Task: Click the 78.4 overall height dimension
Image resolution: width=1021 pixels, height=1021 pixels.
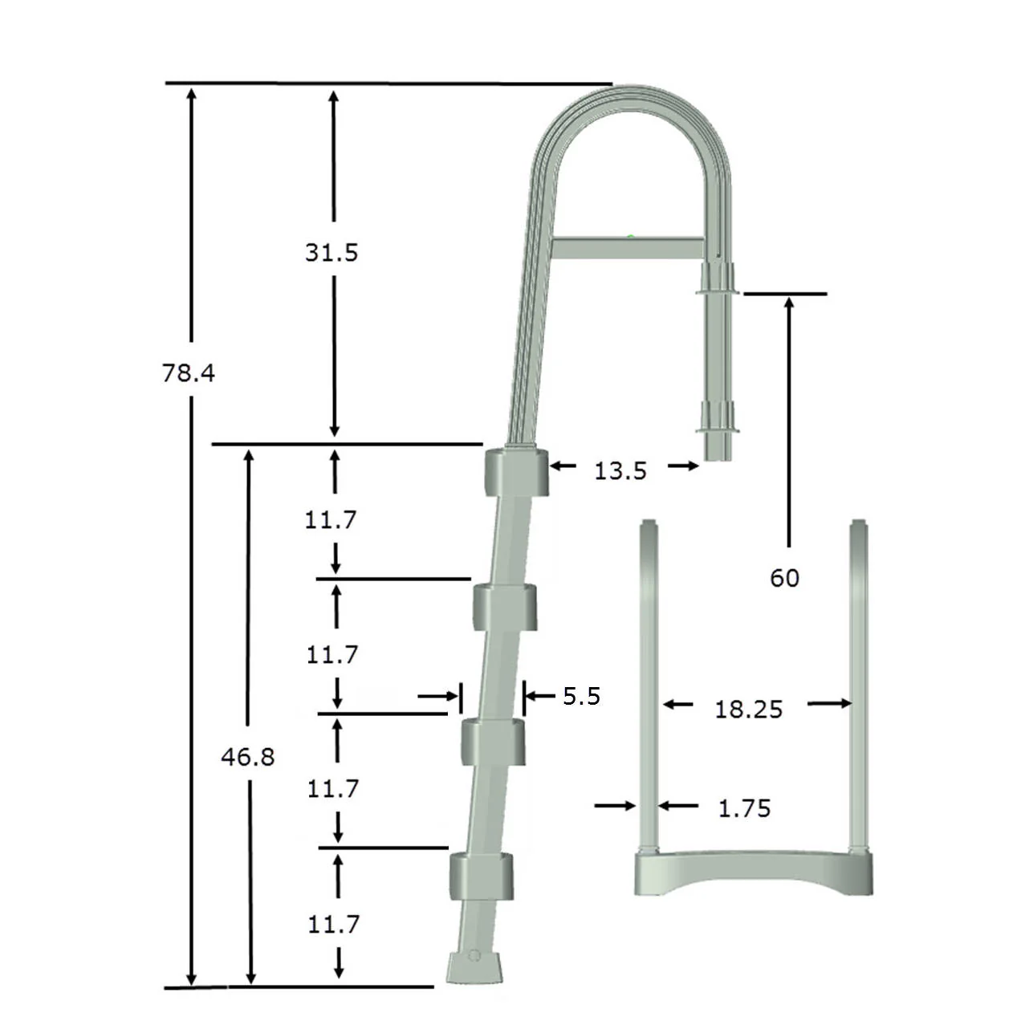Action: tap(189, 373)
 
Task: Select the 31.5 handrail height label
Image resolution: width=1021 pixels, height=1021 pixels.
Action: tap(331, 253)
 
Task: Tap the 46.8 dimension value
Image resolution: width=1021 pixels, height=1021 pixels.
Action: tap(248, 757)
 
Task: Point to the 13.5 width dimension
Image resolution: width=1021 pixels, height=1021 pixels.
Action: tap(620, 470)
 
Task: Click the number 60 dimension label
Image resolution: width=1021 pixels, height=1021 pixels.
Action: tap(784, 578)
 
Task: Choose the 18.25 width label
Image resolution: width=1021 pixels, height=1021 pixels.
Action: tap(748, 709)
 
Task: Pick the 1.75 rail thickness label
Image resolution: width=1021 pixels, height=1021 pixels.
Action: tap(744, 808)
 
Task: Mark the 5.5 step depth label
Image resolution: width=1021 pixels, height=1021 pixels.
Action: tap(581, 696)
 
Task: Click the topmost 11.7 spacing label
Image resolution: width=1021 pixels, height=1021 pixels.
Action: tap(330, 520)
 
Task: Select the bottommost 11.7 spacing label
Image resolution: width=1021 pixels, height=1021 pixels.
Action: tap(333, 925)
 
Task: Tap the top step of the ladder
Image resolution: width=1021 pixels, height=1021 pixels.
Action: tap(515, 471)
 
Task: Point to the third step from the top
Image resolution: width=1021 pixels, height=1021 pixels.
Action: tap(493, 742)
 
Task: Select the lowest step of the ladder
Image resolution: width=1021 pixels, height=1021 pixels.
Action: tap(481, 875)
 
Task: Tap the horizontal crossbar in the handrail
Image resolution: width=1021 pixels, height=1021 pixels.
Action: tap(628, 247)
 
